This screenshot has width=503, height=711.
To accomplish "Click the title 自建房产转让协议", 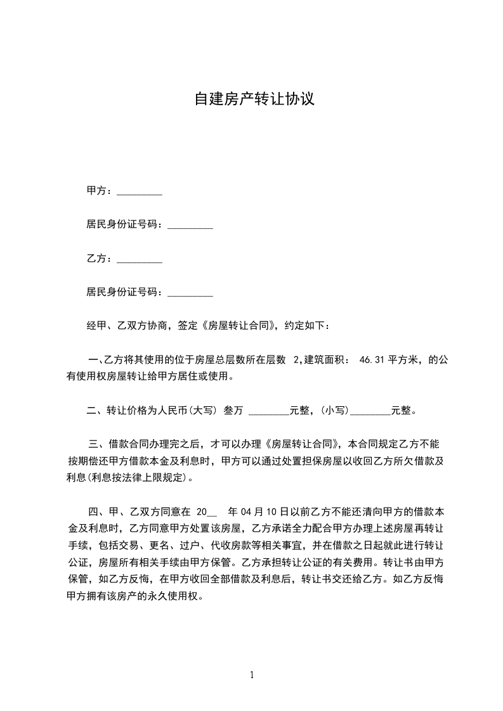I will coord(254,99).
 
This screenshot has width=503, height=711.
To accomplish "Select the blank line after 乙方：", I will coord(140,260).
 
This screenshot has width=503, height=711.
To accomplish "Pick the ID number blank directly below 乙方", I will coord(190,294).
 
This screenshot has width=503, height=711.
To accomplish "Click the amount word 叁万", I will coord(233,411).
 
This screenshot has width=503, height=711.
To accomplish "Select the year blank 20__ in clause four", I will coord(207,511).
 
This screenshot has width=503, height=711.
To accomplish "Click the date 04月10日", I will coord(263,511).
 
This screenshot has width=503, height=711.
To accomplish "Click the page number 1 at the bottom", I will coord(252,675).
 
